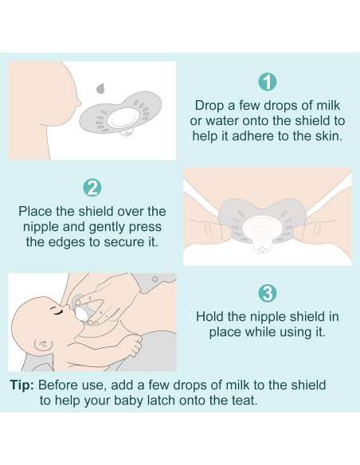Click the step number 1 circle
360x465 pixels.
[x=267, y=82]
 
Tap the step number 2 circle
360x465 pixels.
[x=92, y=187]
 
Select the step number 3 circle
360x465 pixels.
[x=267, y=293]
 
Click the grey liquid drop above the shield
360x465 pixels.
[x=100, y=88]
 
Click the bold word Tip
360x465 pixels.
[x=22, y=385]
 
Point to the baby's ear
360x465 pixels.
[x=43, y=346]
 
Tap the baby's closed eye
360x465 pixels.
[x=57, y=311]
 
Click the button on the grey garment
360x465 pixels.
[x=155, y=279]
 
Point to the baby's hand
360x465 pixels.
[x=132, y=344]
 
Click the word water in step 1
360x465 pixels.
[x=221, y=121]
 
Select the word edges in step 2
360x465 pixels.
[x=66, y=242]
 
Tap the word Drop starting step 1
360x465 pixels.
[x=208, y=105]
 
